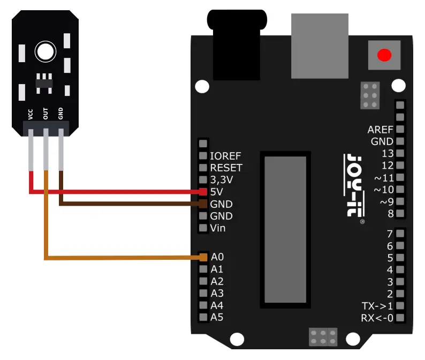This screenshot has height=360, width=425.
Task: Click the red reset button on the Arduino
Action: point(384,55)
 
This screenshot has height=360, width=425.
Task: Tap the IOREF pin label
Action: point(226,156)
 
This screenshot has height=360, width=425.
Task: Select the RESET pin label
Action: point(226,168)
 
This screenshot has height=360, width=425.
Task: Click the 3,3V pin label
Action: point(222,179)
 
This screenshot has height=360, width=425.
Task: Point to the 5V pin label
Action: point(217,192)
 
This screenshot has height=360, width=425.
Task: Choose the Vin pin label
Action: point(218,228)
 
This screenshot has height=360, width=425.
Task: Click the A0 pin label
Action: point(217,257)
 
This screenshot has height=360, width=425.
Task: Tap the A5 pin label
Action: point(217,317)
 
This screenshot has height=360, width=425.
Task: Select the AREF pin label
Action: point(380,130)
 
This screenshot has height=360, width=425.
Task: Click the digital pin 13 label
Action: point(388,154)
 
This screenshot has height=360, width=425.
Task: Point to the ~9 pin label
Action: point(386,202)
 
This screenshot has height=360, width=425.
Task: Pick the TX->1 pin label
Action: point(377,306)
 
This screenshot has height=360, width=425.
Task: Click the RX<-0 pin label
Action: point(377,318)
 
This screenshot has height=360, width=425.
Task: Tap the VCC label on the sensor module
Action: point(31,114)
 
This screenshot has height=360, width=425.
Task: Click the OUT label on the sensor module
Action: point(46,114)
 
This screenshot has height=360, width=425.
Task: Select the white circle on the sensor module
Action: point(45,52)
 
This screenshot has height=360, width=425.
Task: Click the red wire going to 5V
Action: point(118,191)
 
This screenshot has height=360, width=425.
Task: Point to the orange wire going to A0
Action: point(123,258)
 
